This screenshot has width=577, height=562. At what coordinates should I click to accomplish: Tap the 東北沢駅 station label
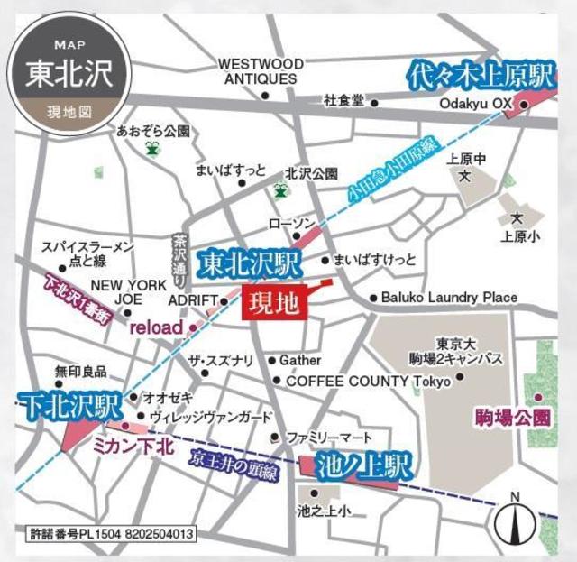coord(248,265)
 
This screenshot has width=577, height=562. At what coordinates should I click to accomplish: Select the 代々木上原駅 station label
coord(479,75)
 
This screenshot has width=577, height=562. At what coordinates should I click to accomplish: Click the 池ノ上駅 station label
coord(363,466)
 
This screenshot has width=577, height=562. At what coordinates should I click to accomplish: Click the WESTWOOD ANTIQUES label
coord(261,71)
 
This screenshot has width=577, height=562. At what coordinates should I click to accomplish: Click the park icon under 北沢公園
coord(281,191)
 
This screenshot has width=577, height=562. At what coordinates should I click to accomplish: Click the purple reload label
coord(156,327)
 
